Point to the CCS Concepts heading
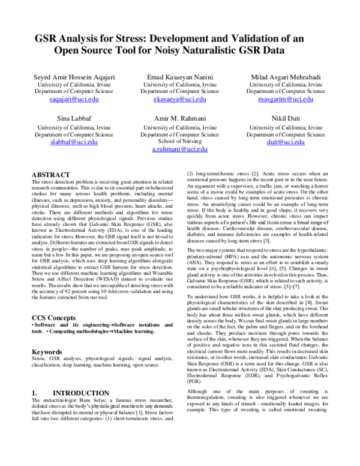[58, 316]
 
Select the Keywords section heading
[47, 351]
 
